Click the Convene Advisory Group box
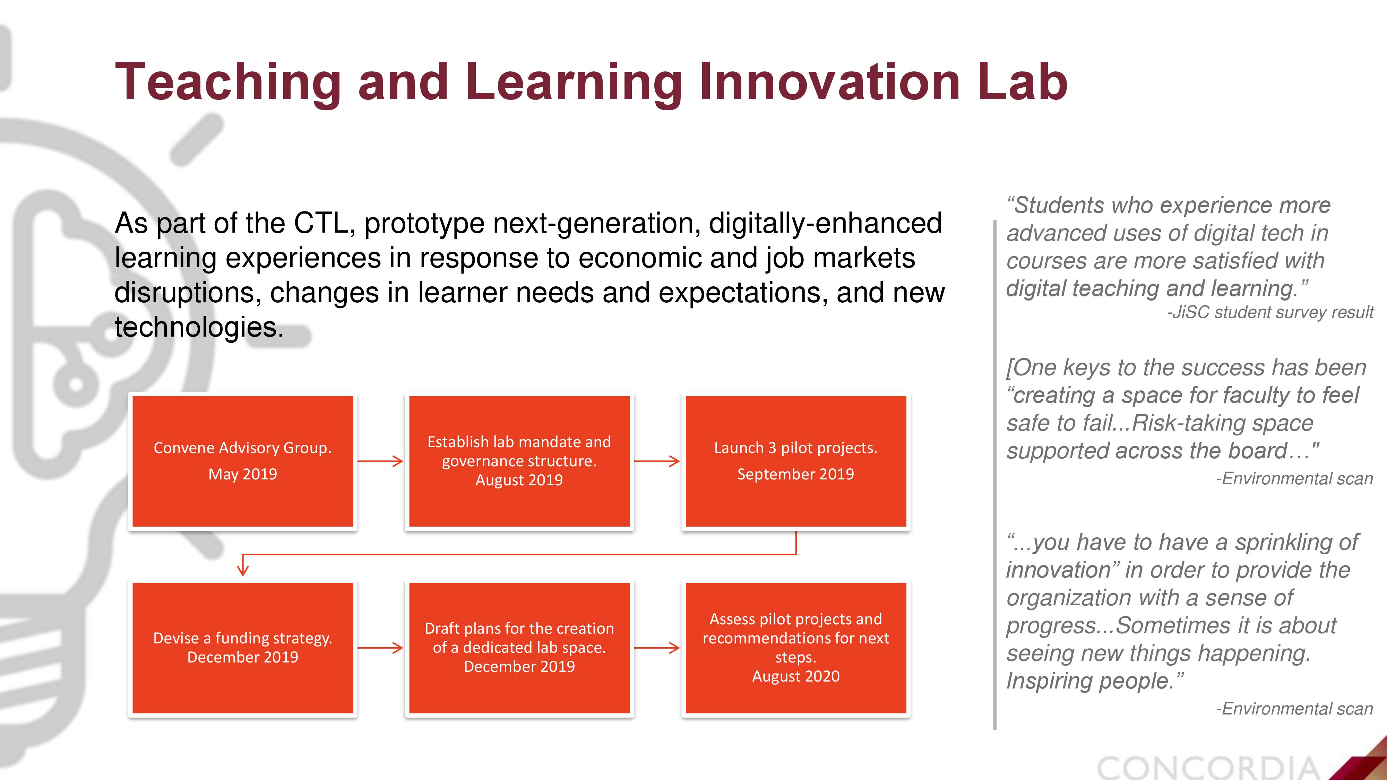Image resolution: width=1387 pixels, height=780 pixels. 243,461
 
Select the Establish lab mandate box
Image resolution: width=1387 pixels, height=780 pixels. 519,461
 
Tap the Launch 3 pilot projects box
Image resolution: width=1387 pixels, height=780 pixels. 796,461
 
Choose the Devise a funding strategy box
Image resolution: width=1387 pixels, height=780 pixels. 243,648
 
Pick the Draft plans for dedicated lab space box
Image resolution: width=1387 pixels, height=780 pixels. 519,648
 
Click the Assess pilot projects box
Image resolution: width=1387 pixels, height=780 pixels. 796,648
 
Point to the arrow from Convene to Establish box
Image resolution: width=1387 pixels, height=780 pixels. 380,461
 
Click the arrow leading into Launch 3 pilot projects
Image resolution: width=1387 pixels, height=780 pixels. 657,461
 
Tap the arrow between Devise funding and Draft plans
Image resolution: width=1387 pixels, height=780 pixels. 380,648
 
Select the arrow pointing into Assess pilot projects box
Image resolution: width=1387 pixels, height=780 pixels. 657,648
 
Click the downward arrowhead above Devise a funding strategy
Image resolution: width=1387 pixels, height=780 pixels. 243,570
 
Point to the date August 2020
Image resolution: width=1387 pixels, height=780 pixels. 796,676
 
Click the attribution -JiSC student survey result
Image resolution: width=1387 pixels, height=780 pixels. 1270,312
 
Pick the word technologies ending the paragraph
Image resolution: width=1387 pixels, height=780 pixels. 199,327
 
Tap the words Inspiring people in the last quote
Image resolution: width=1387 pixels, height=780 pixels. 1094,681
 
